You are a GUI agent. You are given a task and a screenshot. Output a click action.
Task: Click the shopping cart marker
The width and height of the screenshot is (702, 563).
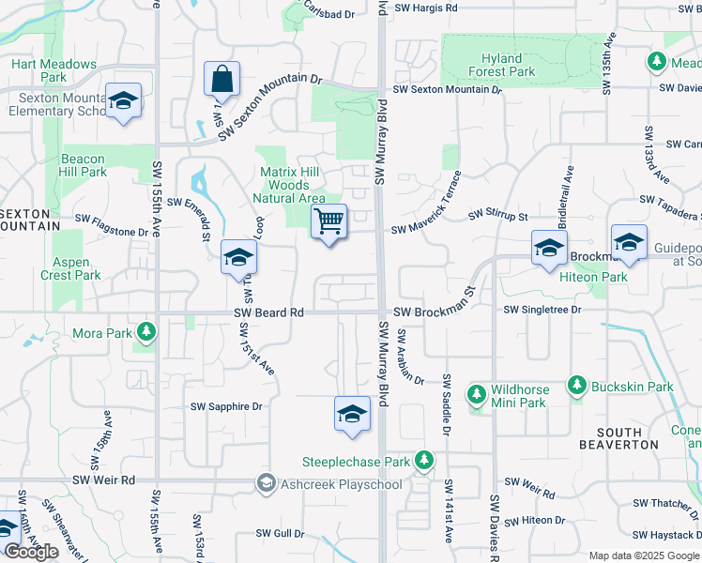click(328, 222)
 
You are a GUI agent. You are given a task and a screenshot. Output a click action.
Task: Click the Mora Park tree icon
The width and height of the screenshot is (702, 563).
click(145, 332)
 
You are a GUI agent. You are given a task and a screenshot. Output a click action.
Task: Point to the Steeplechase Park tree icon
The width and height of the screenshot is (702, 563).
click(424, 461)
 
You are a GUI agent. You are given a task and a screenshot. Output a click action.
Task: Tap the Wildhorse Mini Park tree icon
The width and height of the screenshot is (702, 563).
click(476, 391)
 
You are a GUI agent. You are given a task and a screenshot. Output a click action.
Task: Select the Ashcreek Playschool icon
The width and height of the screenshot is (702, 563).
click(267, 484)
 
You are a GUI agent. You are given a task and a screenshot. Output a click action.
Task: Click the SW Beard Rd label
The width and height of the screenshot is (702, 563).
click(269, 312)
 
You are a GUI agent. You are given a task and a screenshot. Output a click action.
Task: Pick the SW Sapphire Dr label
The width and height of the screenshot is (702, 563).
click(226, 406)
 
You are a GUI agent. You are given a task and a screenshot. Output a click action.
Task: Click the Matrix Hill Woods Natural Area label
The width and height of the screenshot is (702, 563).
click(292, 185)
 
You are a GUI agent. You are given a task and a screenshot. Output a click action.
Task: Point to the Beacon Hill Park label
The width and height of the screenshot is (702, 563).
click(84, 165)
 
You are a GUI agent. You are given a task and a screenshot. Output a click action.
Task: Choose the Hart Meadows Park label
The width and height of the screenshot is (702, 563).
click(53, 70)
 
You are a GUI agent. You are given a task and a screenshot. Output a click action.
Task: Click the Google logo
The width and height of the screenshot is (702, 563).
click(31, 552)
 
